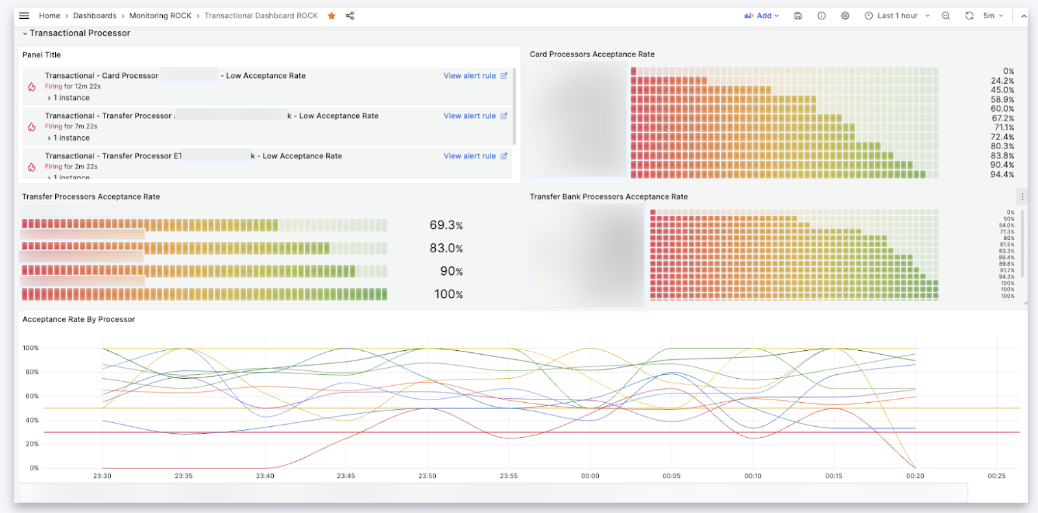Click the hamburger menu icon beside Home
[x=24, y=16]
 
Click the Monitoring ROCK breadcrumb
[x=160, y=16]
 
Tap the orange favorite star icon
[x=332, y=16]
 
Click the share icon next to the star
[x=350, y=16]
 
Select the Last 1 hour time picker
[x=897, y=16]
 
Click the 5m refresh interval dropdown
[x=993, y=16]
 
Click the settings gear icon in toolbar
[x=845, y=16]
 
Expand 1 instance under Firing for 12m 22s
[x=69, y=98]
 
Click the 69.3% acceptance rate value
[x=446, y=226]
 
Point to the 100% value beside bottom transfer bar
[x=448, y=294]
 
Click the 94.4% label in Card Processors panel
[x=1002, y=174]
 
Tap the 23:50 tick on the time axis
[x=427, y=476]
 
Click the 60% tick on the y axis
[x=32, y=396]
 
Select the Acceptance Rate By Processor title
[x=78, y=320]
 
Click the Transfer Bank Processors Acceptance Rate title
[x=608, y=197]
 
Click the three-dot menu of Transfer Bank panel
[x=1022, y=197]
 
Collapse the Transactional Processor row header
[x=76, y=33]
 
